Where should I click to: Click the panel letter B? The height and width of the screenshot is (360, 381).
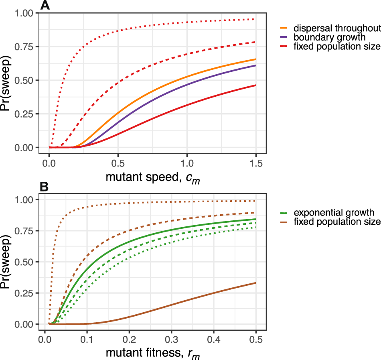[45, 186]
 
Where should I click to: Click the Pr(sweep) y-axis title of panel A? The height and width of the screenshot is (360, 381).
[8, 80]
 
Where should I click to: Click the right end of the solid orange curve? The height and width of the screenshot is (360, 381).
[255, 59]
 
